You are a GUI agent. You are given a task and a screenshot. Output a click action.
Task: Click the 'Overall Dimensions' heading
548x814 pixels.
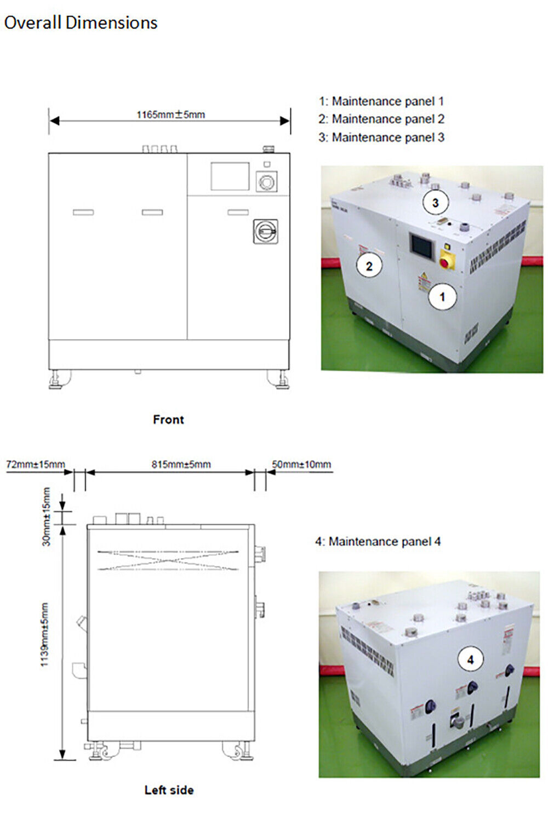81,23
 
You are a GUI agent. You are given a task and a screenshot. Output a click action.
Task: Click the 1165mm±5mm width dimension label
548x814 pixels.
170,114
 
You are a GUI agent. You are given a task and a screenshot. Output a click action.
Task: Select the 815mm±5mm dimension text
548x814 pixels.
181,465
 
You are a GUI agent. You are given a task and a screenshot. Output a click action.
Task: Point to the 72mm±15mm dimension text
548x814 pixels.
35,465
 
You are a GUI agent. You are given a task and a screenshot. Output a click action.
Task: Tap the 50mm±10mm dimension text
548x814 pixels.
301,465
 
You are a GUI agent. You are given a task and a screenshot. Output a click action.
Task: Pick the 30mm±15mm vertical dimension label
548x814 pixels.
47,517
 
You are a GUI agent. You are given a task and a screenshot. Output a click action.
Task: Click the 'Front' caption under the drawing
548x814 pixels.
168,420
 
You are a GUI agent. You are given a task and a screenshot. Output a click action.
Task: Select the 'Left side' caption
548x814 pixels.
169,790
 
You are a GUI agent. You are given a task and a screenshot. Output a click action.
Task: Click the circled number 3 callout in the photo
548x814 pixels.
435,203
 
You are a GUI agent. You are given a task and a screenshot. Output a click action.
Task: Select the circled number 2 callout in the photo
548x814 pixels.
369,266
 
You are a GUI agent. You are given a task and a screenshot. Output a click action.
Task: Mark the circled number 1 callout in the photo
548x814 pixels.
442,297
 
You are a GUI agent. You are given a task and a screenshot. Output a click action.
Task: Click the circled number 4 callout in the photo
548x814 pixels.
470,660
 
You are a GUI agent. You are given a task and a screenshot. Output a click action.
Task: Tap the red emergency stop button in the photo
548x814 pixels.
445,263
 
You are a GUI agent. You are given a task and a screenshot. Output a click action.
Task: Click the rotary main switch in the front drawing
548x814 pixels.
265,231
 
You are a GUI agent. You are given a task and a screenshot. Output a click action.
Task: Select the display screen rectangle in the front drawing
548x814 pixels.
230,176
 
